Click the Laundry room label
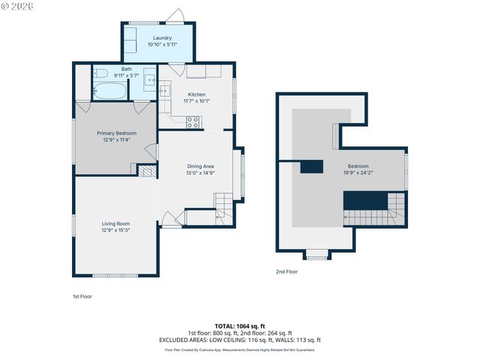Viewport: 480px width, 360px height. click(162, 37)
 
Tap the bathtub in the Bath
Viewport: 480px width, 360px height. click(109, 91)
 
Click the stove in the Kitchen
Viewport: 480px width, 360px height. click(193, 121)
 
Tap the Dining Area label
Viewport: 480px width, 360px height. click(200, 166)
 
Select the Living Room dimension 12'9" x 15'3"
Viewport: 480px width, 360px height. click(116, 230)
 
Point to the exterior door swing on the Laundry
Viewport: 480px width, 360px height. click(177, 15)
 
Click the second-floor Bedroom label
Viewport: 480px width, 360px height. click(358, 166)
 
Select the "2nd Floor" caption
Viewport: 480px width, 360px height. click(286, 271)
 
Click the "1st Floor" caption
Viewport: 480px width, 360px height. click(82, 296)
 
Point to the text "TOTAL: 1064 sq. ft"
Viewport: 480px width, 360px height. click(240, 326)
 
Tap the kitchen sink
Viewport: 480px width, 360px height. click(165, 91)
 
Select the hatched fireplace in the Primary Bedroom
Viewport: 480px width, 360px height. click(145, 172)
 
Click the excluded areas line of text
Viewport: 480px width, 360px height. click(240, 340)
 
